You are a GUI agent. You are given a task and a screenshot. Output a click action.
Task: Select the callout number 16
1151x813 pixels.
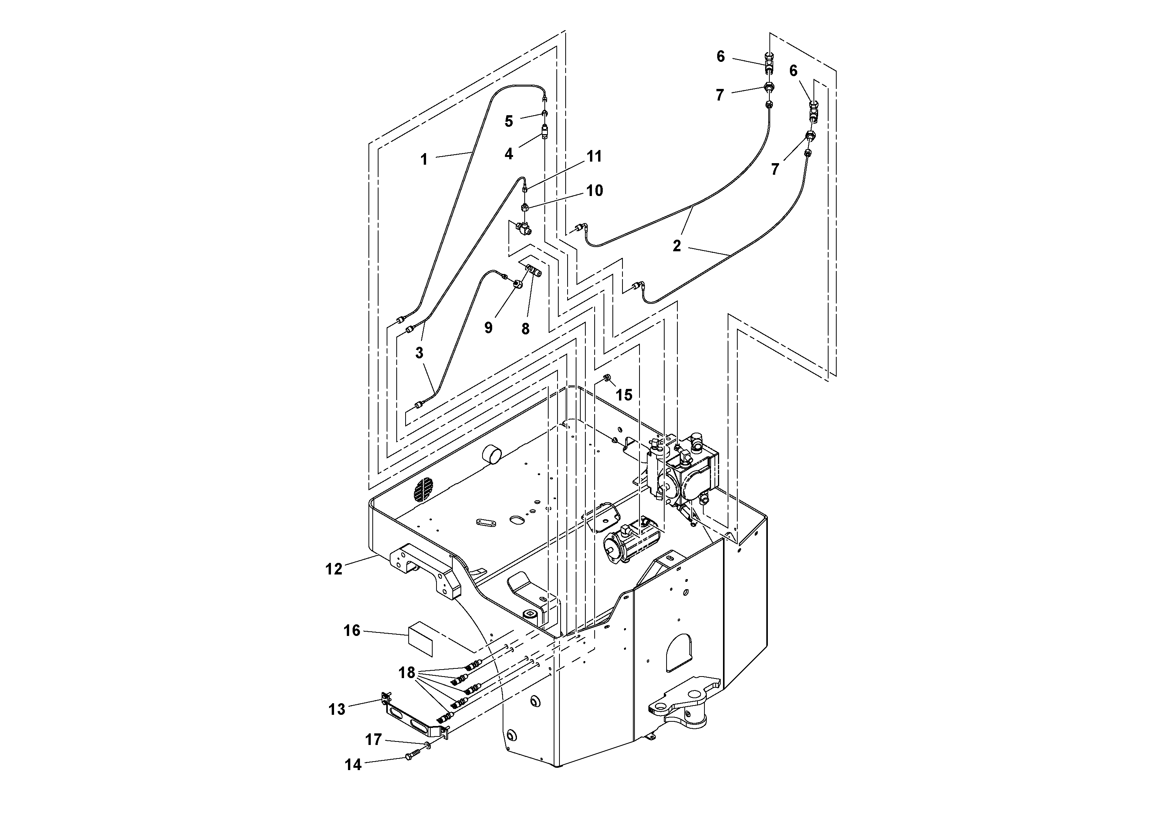352,631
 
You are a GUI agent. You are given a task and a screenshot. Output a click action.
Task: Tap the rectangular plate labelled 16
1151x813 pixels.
420,639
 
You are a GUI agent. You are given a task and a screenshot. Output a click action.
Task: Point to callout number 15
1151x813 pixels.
624,395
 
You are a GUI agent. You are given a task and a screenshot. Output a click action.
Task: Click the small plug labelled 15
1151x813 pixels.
606,377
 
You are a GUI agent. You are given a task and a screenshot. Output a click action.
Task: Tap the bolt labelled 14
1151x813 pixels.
410,757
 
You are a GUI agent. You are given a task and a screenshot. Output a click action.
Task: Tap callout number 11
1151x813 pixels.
595,157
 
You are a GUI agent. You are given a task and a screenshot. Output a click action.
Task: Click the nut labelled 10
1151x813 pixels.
524,206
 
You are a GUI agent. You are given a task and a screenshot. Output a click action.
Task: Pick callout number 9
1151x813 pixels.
488,327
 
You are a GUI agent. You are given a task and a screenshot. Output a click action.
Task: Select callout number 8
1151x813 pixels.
525,329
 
